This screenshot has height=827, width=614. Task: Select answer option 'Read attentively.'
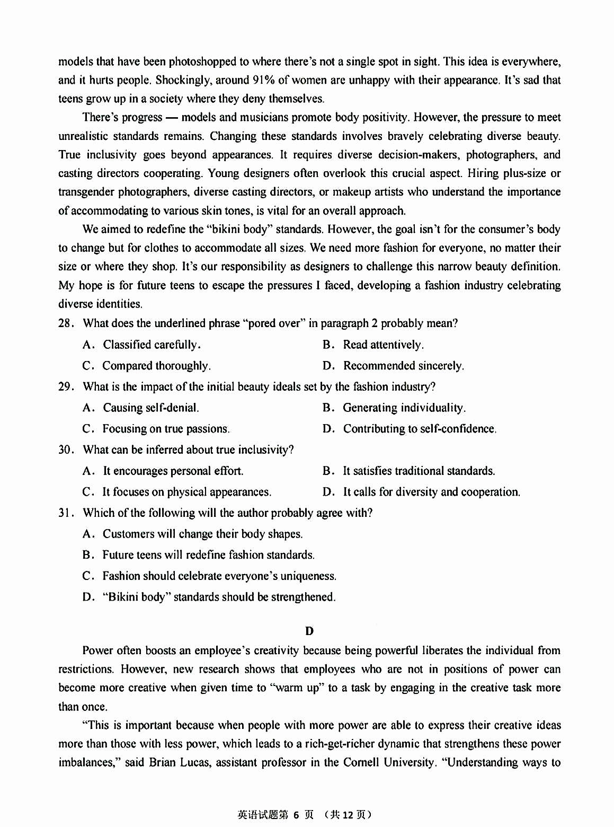[383, 345]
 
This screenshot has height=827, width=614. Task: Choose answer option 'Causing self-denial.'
[150, 408]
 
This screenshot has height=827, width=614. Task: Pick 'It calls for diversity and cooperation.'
[431, 492]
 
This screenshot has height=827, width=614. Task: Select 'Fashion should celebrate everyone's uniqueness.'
[219, 576]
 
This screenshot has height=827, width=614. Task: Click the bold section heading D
[309, 631]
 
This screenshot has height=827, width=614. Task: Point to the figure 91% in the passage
[263, 81]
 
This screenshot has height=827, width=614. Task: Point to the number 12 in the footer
[348, 815]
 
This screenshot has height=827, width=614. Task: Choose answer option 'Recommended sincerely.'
[403, 366]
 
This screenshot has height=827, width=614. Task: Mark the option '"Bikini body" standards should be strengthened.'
[219, 597]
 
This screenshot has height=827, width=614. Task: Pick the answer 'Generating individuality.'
[404, 408]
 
